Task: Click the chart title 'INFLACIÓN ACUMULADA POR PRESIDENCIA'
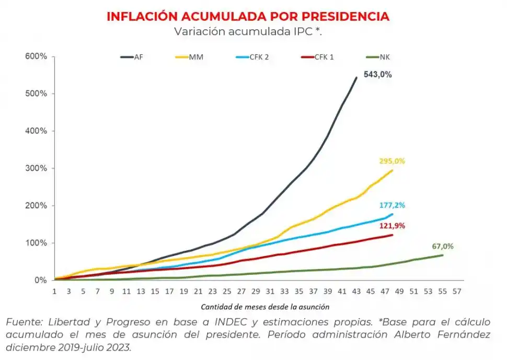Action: pos(248,16)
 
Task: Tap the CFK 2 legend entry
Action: pos(253,57)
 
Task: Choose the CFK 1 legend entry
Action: pos(318,57)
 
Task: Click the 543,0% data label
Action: pos(377,75)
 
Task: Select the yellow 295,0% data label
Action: pos(392,161)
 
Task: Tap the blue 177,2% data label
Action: pos(392,205)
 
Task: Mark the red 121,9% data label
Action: pos(392,226)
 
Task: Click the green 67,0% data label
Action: pos(443,246)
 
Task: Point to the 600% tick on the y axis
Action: pos(36,56)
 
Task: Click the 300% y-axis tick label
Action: pos(36,168)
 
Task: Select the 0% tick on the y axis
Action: pos(40,280)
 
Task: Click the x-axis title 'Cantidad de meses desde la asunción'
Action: pos(265,307)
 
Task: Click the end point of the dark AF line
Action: pos(356,77)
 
